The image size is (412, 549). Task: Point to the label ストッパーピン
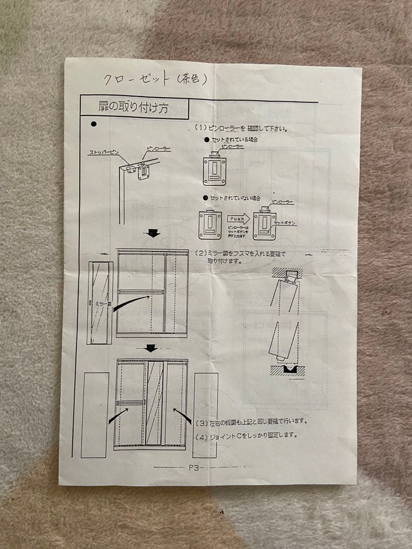(x=105, y=152)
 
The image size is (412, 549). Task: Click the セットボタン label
(x=284, y=223)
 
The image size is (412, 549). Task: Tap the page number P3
(x=195, y=467)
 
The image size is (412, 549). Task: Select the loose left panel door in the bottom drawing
(x=95, y=414)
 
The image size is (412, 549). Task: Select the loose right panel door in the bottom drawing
(x=205, y=414)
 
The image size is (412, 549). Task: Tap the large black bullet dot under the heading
(x=93, y=124)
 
